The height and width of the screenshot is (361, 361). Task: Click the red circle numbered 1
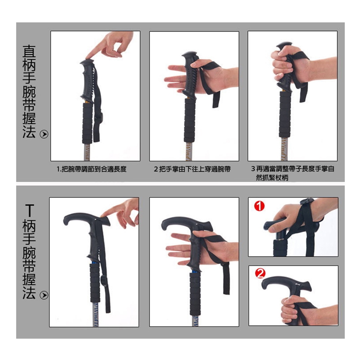click(259, 206)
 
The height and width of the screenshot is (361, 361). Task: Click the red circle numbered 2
click(260, 274)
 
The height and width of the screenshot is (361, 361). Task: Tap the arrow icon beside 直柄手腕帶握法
click(44, 134)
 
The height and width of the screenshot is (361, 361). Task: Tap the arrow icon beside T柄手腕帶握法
click(44, 295)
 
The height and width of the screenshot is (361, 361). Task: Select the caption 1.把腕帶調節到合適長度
click(91, 169)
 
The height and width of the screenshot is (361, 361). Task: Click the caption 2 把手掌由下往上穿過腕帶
click(192, 169)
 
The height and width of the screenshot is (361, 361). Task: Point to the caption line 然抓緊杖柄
click(272, 178)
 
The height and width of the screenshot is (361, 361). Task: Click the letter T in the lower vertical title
click(29, 210)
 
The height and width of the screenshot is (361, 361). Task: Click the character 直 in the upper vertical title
click(29, 51)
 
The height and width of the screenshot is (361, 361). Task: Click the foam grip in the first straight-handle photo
click(88, 123)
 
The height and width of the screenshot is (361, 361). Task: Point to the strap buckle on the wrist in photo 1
click(307, 201)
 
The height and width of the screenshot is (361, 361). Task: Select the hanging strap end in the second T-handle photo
click(226, 280)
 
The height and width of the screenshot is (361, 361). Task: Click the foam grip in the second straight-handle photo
click(190, 120)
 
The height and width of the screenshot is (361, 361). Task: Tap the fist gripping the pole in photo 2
click(294, 309)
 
